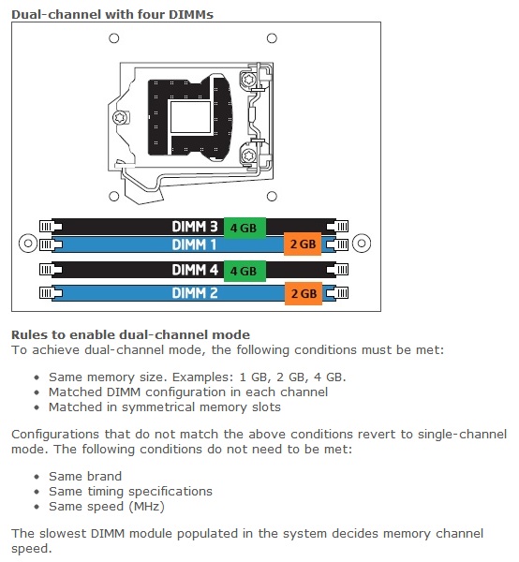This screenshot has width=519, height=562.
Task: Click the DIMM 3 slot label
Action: [195, 227]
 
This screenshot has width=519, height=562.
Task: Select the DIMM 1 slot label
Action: [194, 244]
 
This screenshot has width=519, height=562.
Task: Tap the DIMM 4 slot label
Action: [195, 270]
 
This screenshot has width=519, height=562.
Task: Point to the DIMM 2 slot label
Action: [195, 293]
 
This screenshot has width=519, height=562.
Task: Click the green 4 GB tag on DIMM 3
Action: [245, 228]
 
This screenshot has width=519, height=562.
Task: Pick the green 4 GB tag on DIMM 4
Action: [245, 271]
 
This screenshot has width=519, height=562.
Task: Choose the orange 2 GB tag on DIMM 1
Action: [303, 244]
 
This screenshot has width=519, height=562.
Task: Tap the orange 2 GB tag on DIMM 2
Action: [304, 293]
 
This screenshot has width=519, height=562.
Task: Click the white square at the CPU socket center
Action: [191, 117]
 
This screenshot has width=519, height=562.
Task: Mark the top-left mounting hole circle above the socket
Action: [114, 38]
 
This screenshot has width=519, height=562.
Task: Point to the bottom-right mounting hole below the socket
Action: [272, 196]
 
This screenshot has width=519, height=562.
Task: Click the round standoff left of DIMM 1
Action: [28, 244]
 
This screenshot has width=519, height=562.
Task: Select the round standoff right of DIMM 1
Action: [362, 244]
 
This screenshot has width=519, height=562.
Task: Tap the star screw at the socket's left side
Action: [120, 118]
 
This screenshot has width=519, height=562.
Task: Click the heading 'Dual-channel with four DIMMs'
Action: [112, 15]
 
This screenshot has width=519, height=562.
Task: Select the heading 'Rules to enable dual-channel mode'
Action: [130, 334]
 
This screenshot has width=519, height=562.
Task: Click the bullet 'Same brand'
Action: [85, 477]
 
